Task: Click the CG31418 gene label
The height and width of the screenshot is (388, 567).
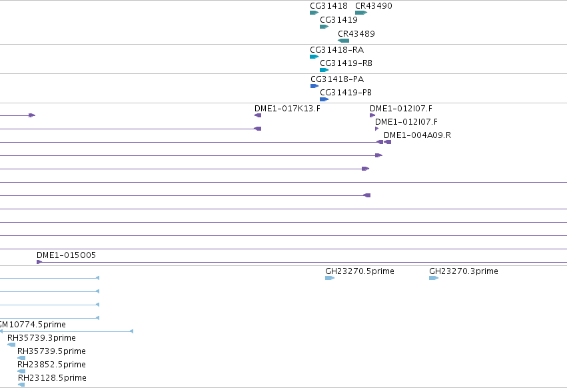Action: pos(328,6)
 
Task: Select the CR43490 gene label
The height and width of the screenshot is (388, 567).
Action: pos(374,6)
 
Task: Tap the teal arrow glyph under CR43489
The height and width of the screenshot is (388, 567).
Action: pos(344,41)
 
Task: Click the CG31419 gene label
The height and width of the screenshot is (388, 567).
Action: pos(339,20)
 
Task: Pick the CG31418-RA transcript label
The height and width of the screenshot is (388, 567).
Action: pos(336,49)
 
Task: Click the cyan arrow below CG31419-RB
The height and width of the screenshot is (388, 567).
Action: pos(324,70)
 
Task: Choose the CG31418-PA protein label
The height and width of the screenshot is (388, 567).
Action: pos(337,79)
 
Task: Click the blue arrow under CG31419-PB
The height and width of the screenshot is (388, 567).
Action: pos(324,99)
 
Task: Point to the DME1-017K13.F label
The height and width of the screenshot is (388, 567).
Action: pos(287,109)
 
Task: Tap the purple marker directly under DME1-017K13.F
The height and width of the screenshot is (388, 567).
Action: pos(258,115)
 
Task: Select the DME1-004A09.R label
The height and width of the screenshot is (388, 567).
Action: pos(417,135)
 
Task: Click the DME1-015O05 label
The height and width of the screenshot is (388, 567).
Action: pos(66,255)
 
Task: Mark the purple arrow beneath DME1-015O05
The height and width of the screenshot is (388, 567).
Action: pos(39,262)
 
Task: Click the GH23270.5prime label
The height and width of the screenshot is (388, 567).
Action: pos(360,271)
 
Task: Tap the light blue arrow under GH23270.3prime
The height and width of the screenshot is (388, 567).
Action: pos(434,278)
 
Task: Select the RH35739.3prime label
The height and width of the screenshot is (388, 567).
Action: pos(41,338)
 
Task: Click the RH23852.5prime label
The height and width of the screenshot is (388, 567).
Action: pos(52,365)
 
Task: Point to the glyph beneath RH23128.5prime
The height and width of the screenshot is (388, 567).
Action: pos(21,385)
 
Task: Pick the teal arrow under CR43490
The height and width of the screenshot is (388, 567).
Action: pos(361,13)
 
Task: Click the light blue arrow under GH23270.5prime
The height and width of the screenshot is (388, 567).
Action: pos(330,278)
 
